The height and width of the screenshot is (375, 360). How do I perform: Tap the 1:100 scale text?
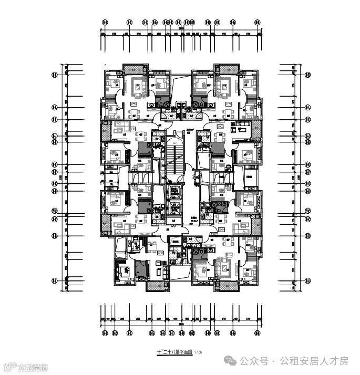(198, 352)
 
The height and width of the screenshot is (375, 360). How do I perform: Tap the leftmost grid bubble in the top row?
(105, 23)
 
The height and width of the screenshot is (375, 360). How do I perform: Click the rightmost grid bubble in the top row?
(258, 23)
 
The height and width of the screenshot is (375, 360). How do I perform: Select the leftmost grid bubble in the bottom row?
(105, 333)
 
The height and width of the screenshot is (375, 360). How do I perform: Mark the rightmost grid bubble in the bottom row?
(258, 333)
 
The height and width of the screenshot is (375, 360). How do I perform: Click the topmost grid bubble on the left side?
(54, 75)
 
